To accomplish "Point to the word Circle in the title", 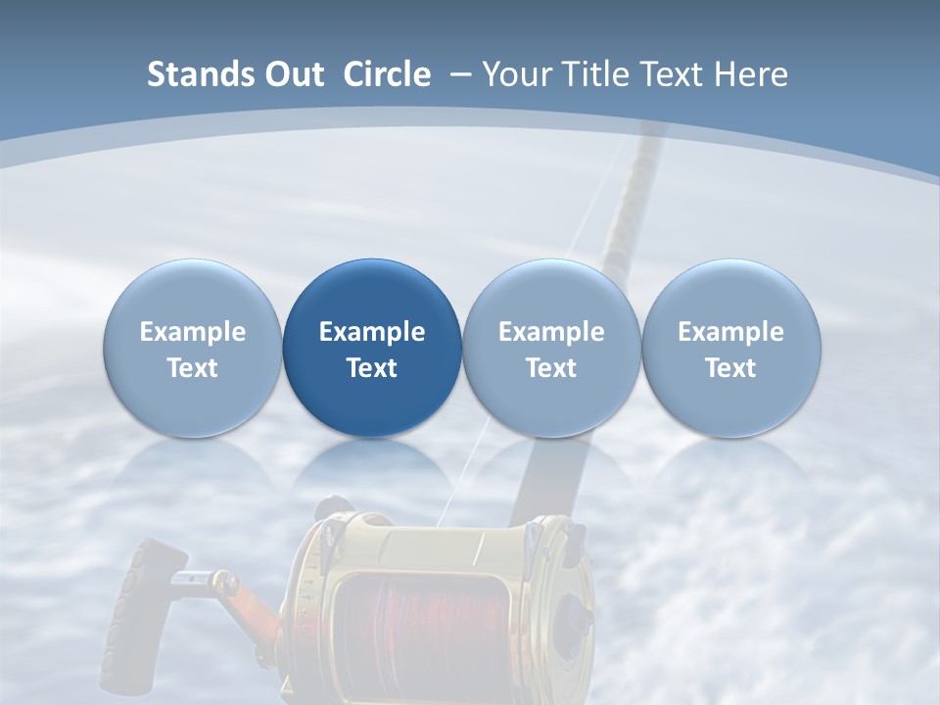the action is pyautogui.click(x=387, y=74).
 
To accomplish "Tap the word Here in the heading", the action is pyautogui.click(x=751, y=74).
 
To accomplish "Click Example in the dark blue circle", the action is pyautogui.click(x=372, y=332).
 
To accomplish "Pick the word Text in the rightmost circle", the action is pyautogui.click(x=731, y=368).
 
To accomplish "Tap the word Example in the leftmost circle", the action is pyautogui.click(x=192, y=332).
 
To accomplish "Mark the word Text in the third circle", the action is pyautogui.click(x=551, y=368).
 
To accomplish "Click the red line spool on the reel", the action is pyautogui.click(x=421, y=627).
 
